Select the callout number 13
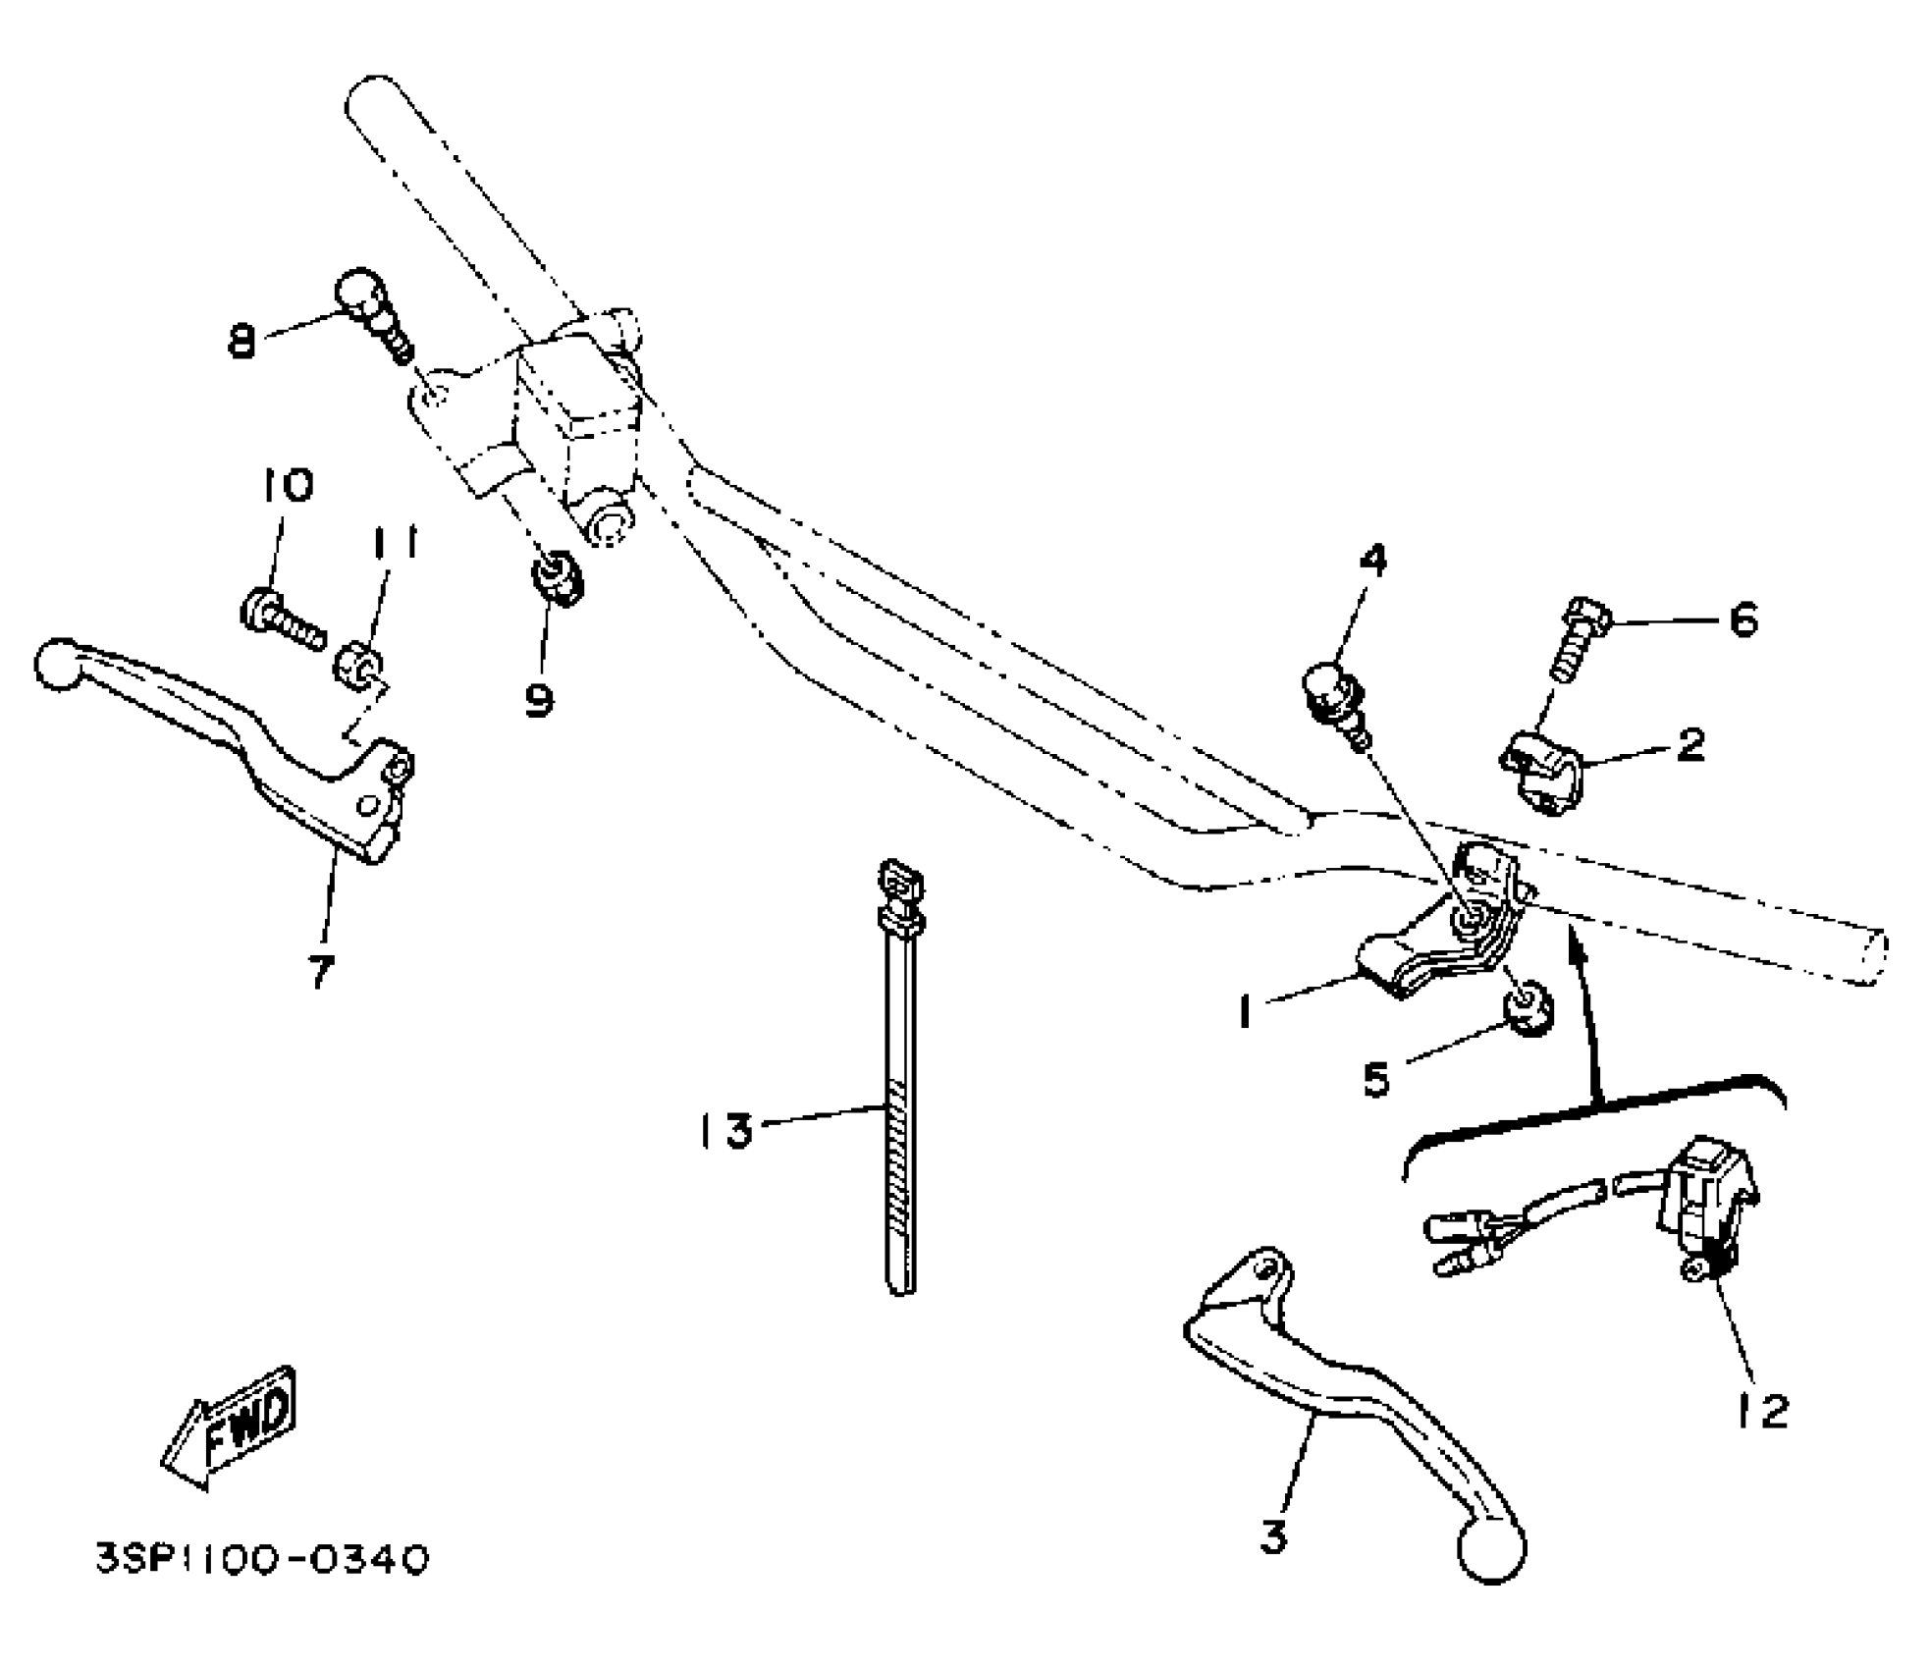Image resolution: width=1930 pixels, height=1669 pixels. coord(726,1130)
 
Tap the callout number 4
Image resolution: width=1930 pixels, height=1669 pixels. coord(1372,562)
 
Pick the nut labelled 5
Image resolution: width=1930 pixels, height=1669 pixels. coord(1525,1010)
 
